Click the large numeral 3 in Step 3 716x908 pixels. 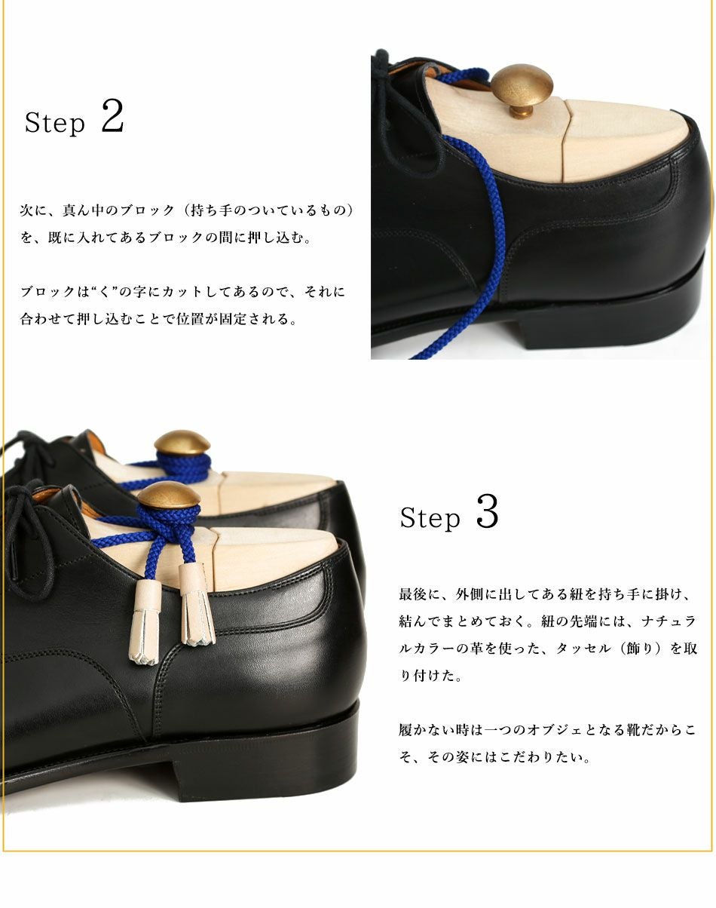(487, 512)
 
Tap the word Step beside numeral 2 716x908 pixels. (55, 123)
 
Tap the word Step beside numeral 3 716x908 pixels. (430, 518)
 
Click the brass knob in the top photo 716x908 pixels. (522, 84)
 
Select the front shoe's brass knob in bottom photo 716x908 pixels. (169, 496)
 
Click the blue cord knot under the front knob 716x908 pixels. (172, 532)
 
